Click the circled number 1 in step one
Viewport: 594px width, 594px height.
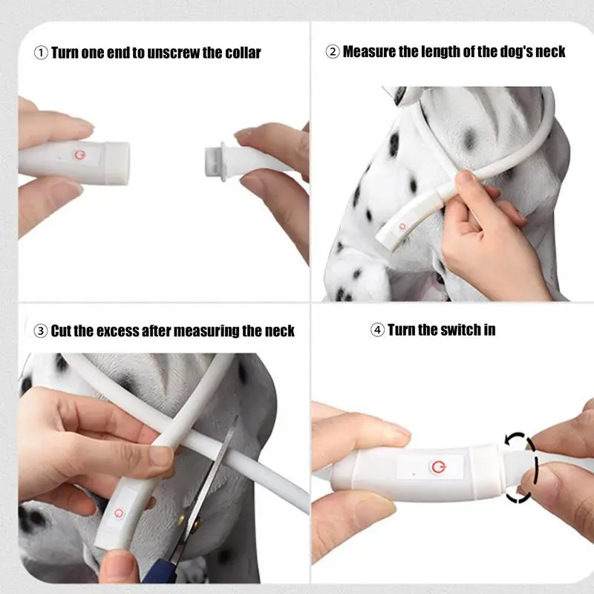[41, 53]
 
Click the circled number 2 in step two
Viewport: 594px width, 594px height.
[333, 51]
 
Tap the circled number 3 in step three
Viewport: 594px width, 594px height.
[41, 331]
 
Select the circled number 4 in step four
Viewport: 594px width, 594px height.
[377, 330]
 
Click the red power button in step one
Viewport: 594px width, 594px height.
[79, 154]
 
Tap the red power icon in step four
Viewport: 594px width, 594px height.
[438, 467]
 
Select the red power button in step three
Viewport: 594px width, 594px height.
[119, 513]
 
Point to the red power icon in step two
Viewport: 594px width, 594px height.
[402, 226]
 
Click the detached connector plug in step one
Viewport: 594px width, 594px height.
[216, 161]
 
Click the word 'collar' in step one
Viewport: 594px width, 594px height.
[244, 53]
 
